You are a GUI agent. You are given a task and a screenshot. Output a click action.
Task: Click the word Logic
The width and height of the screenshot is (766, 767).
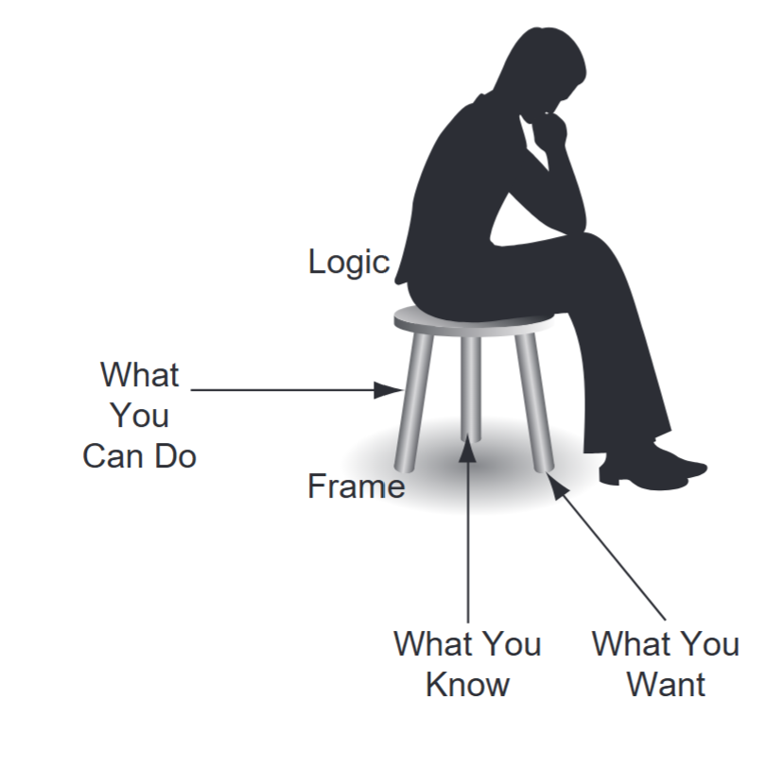point(348,262)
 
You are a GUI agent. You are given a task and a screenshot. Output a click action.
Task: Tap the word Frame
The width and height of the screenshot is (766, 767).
point(356,486)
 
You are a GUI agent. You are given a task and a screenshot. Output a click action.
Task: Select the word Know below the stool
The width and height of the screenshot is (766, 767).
point(467,684)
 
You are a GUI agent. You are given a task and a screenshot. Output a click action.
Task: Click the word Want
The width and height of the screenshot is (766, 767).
point(666,684)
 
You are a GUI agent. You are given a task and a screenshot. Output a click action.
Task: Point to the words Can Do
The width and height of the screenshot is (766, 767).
point(139,456)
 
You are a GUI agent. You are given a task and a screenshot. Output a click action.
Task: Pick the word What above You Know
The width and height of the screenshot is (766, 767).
point(431,644)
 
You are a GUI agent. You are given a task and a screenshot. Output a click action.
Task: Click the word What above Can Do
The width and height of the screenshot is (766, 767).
point(139,375)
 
